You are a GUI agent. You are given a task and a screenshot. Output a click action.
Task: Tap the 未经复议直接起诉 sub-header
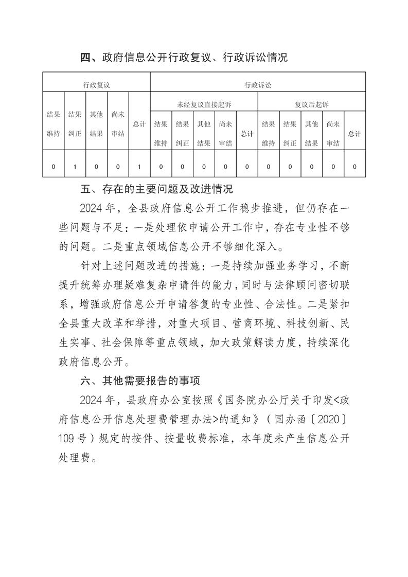pyautogui.click(x=204, y=104)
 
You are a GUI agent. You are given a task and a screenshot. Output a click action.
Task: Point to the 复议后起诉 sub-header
pyautogui.click(x=311, y=104)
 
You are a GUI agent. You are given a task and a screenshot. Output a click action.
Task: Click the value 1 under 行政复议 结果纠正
pyautogui.click(x=75, y=167)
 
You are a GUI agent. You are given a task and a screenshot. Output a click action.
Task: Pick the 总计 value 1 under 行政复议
pyautogui.click(x=139, y=167)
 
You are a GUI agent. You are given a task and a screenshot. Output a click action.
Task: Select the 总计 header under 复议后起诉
pyautogui.click(x=354, y=134)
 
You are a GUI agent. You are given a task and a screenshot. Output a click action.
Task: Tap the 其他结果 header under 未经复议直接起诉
pyautogui.click(x=204, y=134)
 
